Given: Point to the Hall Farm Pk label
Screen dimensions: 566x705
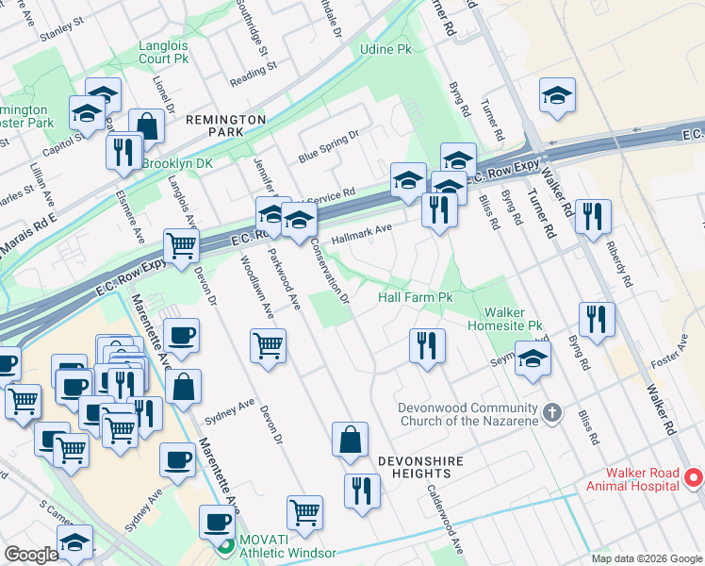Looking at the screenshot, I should (x=416, y=297).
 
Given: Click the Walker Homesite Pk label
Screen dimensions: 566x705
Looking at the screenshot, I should (x=514, y=319).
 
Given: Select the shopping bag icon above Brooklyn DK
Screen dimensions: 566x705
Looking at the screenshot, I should (x=147, y=125).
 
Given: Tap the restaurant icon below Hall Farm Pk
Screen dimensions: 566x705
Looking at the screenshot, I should (x=427, y=345).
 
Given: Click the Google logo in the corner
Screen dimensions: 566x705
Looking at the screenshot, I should (x=32, y=555).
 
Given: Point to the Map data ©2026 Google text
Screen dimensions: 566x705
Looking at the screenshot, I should (x=647, y=558).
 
